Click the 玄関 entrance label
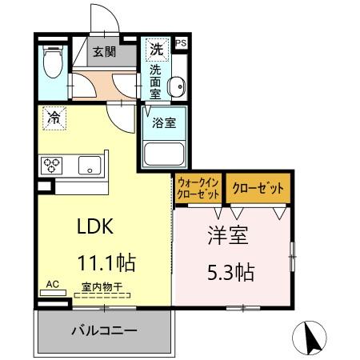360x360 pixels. coord(103,53)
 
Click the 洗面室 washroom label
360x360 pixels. coord(155,81)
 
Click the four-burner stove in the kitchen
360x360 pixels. coord(53,166)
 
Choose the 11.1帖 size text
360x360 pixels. coord(105,262)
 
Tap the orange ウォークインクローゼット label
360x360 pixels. coord(198,190)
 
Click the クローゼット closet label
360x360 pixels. coord(258,190)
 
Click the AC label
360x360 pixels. coord(53,284)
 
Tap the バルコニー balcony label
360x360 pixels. coord(103,330)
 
